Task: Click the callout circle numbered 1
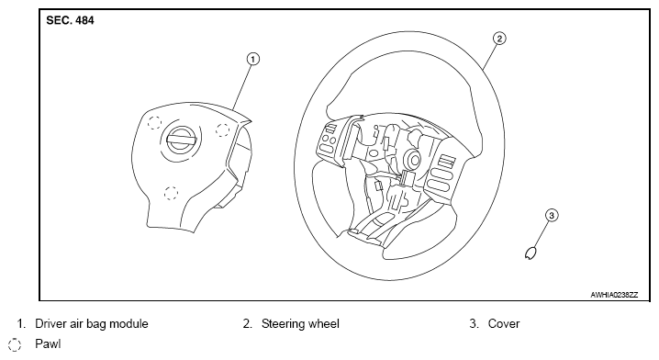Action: coord(252,59)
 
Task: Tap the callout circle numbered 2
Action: coord(499,39)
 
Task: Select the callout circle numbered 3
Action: coord(552,215)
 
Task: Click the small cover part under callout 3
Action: coord(531,253)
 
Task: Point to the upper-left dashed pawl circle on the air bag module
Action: coord(155,122)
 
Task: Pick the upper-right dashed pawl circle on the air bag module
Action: coord(222,130)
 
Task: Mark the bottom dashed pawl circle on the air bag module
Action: coord(171,194)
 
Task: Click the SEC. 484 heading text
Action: coord(70,20)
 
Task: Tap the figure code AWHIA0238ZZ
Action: coord(614,295)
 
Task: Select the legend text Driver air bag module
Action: coord(92,324)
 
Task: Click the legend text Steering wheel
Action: coord(300,324)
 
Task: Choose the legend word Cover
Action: coord(504,324)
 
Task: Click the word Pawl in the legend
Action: coord(48,344)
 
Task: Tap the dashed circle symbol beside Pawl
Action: coord(15,344)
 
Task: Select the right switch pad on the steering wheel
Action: coord(441,174)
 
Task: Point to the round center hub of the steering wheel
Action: coord(411,160)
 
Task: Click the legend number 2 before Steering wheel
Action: coord(247,324)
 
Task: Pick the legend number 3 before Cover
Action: coord(474,324)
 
